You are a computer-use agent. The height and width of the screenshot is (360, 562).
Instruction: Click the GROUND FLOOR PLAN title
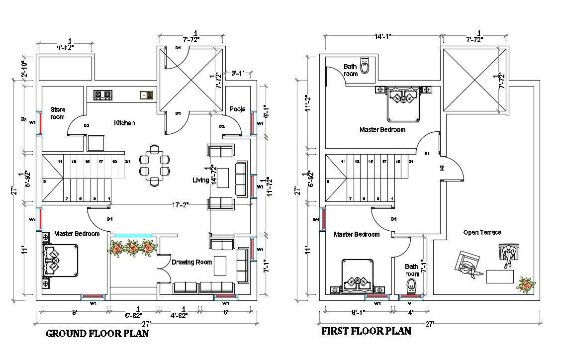click(97, 334)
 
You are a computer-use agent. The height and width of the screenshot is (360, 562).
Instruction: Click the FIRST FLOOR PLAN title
click(366, 331)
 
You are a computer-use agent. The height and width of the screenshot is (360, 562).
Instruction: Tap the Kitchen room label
click(124, 123)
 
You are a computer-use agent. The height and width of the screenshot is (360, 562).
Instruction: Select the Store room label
click(57, 113)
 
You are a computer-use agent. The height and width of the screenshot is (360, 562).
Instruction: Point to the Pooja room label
click(237, 109)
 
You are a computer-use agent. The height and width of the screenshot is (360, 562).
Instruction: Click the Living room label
click(201, 180)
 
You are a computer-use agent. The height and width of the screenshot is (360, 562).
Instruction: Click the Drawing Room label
click(192, 262)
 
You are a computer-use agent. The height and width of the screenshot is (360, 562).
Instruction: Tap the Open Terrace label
click(482, 232)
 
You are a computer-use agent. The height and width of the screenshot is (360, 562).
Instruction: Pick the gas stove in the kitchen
click(102, 94)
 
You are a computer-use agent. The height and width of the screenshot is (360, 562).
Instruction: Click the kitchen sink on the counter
click(147, 94)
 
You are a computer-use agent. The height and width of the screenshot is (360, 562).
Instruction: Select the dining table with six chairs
click(154, 165)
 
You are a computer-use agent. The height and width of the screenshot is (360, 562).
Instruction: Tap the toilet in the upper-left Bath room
click(365, 66)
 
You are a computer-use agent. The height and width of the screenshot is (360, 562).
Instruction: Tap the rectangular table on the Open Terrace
click(500, 276)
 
